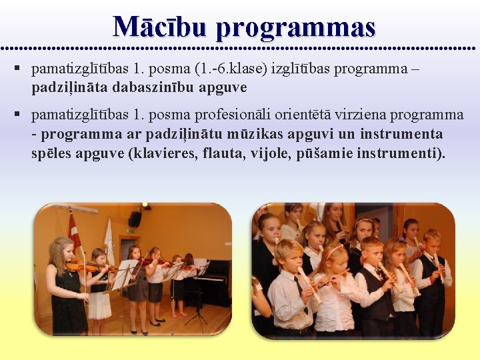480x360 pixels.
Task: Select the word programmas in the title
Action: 296,28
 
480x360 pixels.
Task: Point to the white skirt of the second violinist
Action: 100,305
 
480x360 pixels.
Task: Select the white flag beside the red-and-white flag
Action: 108,233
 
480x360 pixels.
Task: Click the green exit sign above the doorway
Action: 130,231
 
